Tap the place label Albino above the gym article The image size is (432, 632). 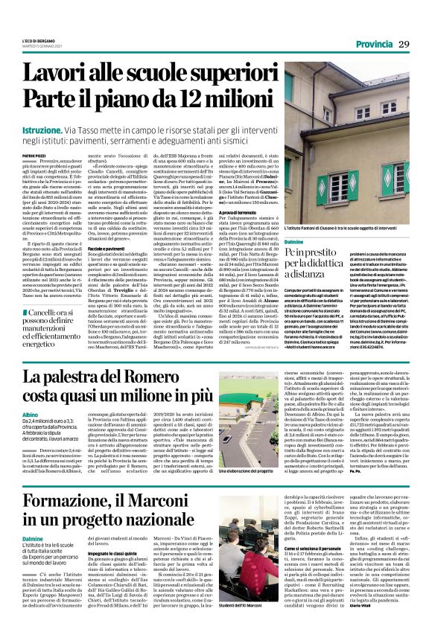(32, 415)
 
